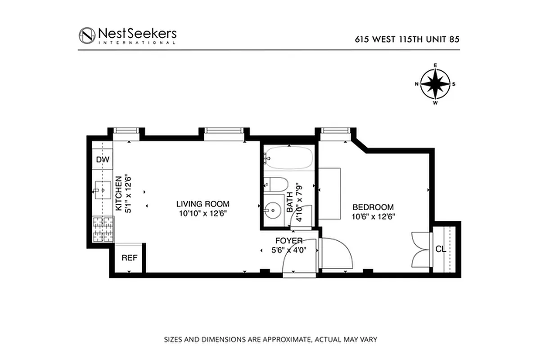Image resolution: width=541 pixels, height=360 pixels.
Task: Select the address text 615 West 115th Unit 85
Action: coord(407,39)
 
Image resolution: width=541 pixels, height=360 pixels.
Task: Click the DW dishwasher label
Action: coord(103,159)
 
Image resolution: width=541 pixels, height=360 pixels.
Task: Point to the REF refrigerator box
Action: coord(129,258)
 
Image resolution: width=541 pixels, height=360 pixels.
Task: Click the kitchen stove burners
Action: coord(103,229)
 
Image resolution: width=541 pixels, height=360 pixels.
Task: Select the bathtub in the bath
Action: coord(288,158)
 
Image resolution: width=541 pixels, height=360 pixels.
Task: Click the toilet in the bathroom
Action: coord(275,184)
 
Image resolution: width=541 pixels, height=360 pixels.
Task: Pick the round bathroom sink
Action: coord(272,209)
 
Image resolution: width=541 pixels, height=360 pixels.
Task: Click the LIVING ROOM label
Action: coord(203,204)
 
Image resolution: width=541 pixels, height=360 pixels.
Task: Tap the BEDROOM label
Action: coord(373,207)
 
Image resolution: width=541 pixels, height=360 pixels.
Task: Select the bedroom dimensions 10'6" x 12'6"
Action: coord(373,216)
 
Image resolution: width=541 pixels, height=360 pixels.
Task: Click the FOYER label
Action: coord(289,241)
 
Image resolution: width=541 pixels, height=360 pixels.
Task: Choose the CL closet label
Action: coord(441,249)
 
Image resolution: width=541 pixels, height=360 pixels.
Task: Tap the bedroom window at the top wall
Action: coord(335,131)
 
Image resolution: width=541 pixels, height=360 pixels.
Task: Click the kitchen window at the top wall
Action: coord(126,131)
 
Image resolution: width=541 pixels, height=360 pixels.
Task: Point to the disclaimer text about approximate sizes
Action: coord(270,339)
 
